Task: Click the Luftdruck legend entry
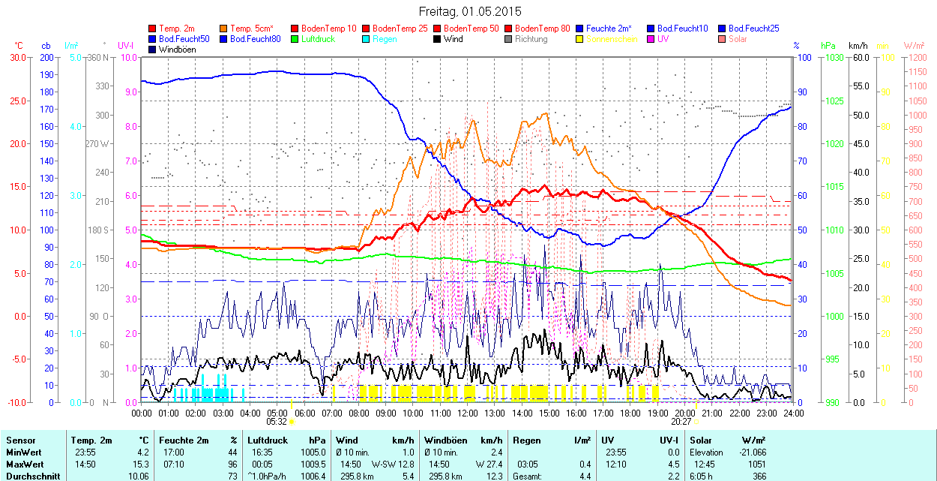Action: click(x=314, y=39)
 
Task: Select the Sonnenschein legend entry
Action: click(x=612, y=39)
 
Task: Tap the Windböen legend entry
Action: click(x=177, y=50)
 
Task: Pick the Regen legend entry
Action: click(x=385, y=39)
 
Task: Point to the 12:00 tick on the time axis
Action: click(x=467, y=413)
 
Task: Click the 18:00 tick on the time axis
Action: click(x=630, y=413)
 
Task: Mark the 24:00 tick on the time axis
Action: click(x=793, y=413)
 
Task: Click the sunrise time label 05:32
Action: click(x=277, y=422)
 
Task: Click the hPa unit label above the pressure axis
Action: click(x=828, y=46)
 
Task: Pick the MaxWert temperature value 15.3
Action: click(x=142, y=464)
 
